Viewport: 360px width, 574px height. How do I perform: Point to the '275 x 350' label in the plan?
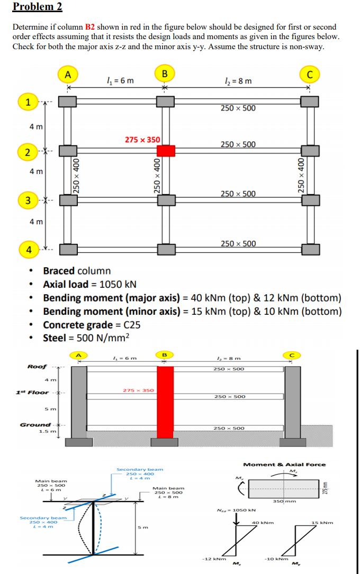point(142,139)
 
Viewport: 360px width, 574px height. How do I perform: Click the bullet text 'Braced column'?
point(77,271)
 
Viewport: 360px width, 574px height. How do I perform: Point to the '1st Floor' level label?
point(33,392)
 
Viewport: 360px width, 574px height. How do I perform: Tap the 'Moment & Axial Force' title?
point(284,464)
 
